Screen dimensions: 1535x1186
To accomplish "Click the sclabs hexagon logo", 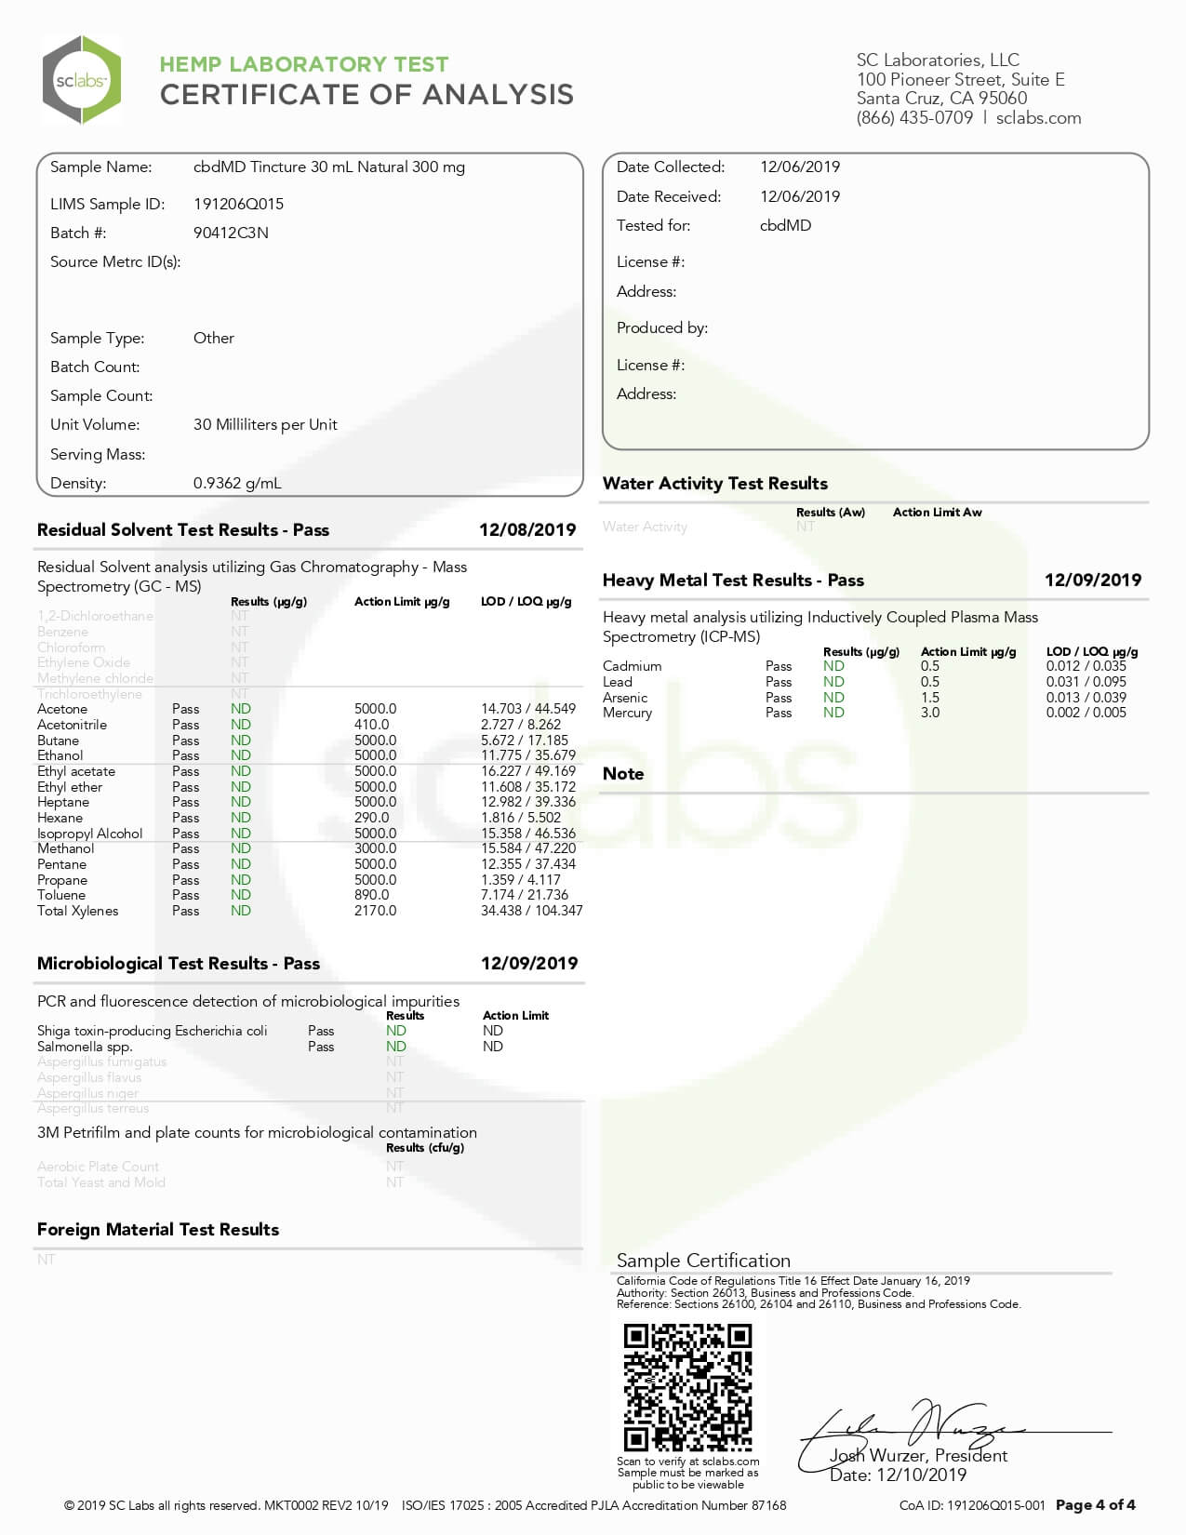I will coord(82,80).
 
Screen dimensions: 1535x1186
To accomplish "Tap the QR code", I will coord(687,1387).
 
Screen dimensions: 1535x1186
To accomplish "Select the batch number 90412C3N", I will coord(231,233).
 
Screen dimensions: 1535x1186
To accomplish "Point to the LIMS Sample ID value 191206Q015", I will coord(238,204).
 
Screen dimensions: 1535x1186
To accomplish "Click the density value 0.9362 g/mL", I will coord(237,483).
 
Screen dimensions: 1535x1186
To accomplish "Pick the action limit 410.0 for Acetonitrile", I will coord(371,725).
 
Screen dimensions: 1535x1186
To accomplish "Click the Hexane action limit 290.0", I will coord(371,818).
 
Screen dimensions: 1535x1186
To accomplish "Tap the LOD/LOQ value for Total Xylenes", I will coord(531,911).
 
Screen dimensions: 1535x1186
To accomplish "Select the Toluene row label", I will coord(61,895).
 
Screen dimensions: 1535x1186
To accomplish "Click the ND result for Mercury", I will coord(833,713).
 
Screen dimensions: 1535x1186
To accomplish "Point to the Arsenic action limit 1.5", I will coord(929,698).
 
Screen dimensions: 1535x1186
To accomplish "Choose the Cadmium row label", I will coord(632,666).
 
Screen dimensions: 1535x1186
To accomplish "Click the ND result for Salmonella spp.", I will coord(396,1047).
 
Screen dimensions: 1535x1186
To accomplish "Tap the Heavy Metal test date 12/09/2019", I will coord(1092,580).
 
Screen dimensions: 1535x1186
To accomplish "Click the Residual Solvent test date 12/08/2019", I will coord(527,529).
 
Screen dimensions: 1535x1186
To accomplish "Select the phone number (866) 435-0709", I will coord(914,118).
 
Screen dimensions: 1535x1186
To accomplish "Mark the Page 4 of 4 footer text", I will coord(1095,1504).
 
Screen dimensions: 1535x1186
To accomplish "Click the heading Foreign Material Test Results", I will coord(158,1229).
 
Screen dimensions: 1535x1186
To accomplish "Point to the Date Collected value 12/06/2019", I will coord(800,167).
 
